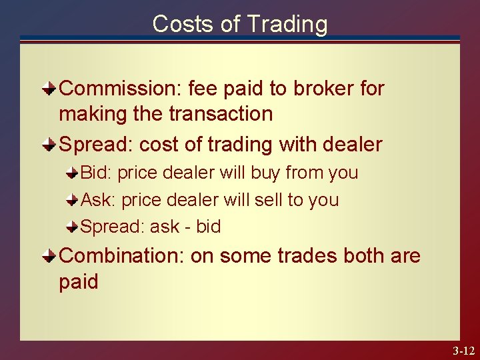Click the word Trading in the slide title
[x=287, y=25]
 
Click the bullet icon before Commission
[x=49, y=89]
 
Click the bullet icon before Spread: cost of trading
[x=49, y=145]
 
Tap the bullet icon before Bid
[x=72, y=173]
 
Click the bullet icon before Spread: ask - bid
[x=72, y=227]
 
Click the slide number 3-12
[x=463, y=350]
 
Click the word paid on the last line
[x=78, y=282]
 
